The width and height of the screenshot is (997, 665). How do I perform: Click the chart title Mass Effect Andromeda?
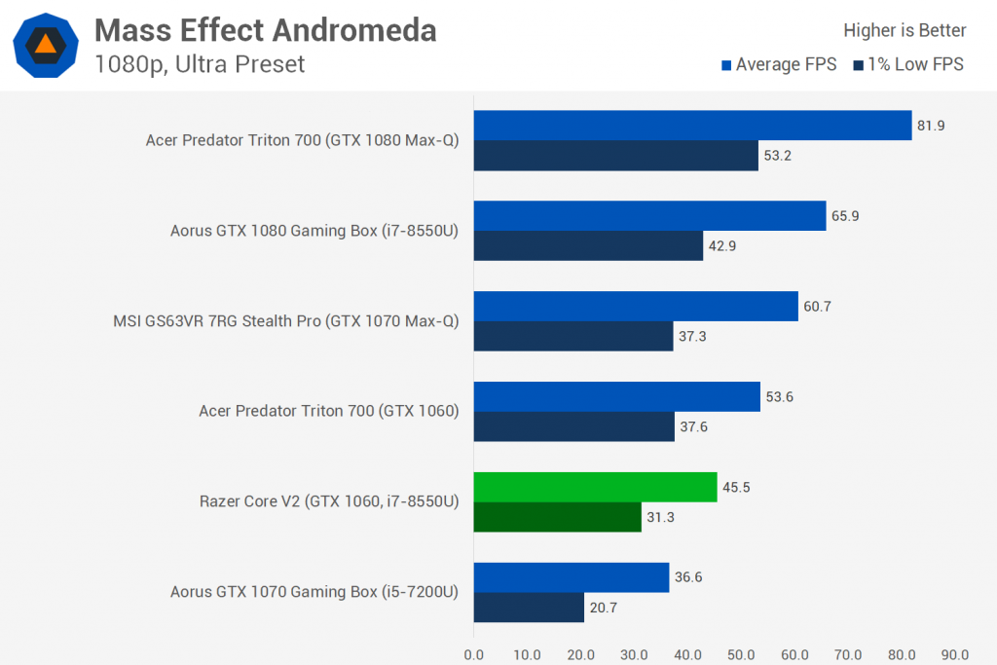coord(265,30)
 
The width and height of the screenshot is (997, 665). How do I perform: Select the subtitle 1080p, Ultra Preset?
coord(200,64)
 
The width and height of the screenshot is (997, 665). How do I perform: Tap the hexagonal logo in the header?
coord(45,45)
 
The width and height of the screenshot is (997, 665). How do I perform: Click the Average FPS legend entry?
coord(779,65)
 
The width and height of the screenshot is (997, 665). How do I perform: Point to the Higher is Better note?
coord(905,30)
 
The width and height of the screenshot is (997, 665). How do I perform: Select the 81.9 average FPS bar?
coord(692,126)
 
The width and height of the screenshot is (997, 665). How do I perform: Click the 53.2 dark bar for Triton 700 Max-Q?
coord(615,156)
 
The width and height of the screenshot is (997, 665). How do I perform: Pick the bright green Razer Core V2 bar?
coord(595,487)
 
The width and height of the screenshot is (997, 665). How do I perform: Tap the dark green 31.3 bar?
coord(557,517)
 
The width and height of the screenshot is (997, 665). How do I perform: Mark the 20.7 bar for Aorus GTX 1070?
coord(529,608)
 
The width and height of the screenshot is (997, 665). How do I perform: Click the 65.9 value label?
coord(843,215)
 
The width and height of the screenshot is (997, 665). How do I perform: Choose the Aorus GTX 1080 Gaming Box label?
coord(314,231)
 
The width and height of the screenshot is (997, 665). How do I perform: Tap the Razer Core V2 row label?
coord(328,501)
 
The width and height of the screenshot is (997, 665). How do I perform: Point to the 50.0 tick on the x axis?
coord(741,654)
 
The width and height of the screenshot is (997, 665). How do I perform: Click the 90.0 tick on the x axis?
coord(955,654)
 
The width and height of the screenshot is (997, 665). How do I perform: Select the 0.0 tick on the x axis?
coord(473,654)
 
